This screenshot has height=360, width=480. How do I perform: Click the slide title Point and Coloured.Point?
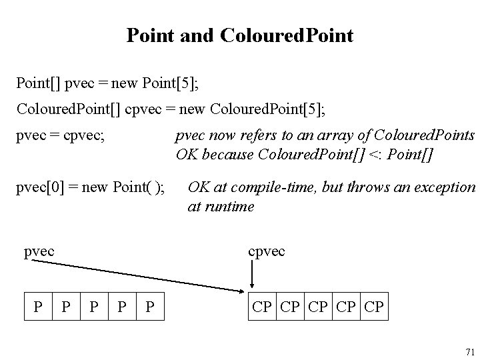pyautogui.click(x=240, y=36)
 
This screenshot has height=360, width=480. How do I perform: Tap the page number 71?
pyautogui.click(x=469, y=351)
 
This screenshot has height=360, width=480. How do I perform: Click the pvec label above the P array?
pyautogui.click(x=39, y=251)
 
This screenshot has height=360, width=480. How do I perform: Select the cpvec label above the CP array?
pyautogui.click(x=266, y=251)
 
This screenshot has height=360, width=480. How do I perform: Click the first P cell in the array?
pyautogui.click(x=38, y=308)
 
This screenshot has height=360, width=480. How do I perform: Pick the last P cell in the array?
pyautogui.click(x=150, y=308)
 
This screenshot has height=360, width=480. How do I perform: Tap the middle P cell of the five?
pyautogui.click(x=94, y=308)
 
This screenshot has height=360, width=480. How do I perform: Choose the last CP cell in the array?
pyautogui.click(x=374, y=308)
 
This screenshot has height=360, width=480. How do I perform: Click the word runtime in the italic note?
pyautogui.click(x=230, y=207)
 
